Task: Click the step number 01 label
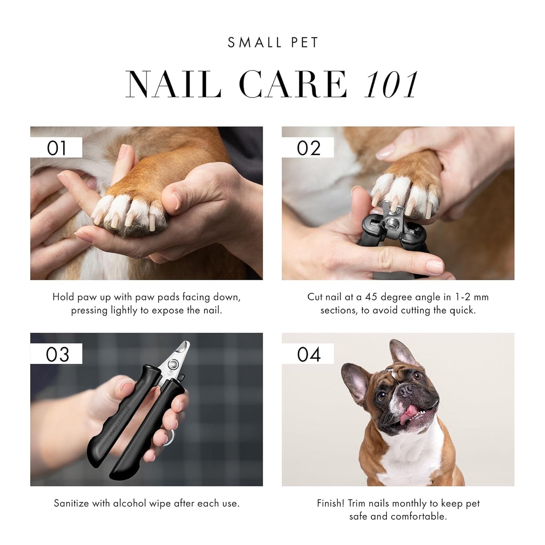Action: coord(56,148)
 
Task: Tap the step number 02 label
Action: coord(308,148)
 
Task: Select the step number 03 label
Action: coord(57,354)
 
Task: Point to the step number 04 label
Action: coord(309,354)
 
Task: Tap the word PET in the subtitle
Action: coord(305,42)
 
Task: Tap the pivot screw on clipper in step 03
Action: coord(174,364)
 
